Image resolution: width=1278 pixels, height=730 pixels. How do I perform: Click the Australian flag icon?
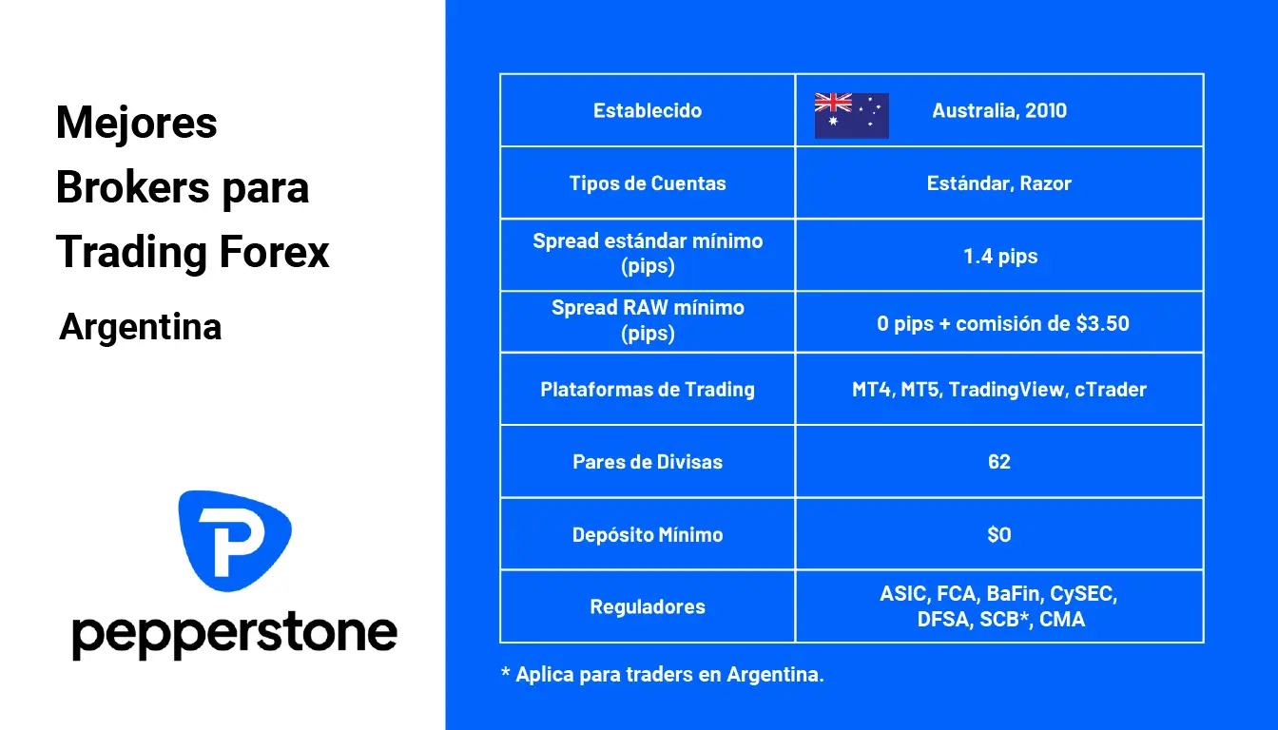coord(851,116)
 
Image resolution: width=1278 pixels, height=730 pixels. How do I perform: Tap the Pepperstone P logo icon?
coord(235,539)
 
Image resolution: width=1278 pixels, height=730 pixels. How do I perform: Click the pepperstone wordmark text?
coord(235,634)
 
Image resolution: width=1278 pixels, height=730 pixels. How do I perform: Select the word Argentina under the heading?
coord(141,327)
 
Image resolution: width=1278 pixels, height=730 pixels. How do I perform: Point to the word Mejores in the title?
coord(137,123)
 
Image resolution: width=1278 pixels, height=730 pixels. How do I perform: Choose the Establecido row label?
coord(648,110)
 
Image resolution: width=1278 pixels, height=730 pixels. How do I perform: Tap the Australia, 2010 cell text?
coord(999,110)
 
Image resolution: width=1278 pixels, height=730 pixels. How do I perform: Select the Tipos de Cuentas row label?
coord(648,183)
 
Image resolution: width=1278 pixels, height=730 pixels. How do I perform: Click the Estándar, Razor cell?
coord(999,183)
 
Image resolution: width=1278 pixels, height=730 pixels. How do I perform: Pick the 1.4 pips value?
coord(999,256)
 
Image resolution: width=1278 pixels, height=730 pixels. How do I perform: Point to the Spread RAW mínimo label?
coord(648,308)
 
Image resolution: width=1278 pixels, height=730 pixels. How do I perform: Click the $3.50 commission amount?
coord(1102,323)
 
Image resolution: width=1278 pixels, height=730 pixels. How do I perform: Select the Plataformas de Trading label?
coord(648,389)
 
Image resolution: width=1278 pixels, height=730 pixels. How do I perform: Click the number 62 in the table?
coord(999,462)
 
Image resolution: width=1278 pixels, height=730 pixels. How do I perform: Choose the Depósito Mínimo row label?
coord(648,534)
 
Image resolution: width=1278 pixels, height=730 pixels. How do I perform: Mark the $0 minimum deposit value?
coord(999,534)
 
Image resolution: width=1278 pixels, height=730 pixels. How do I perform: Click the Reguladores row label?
coord(648,606)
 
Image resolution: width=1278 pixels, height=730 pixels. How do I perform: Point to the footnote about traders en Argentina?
coord(663,675)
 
